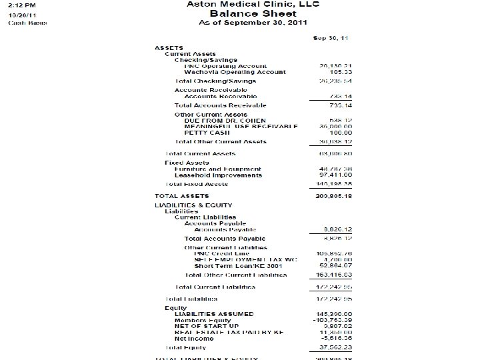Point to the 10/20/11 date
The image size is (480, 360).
click(22, 14)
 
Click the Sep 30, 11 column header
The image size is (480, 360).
click(331, 37)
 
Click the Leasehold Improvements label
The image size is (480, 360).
click(218, 175)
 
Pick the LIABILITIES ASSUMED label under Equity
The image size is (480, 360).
click(213, 313)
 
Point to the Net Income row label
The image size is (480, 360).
click(194, 338)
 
